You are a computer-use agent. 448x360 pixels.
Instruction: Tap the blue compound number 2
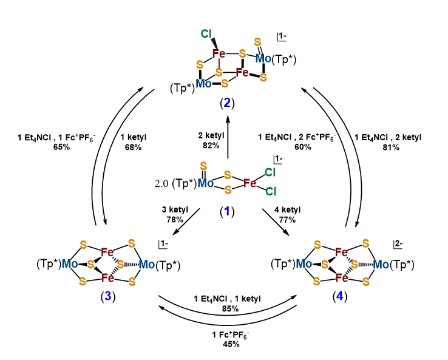tap(226, 102)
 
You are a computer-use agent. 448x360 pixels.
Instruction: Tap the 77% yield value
tap(281, 219)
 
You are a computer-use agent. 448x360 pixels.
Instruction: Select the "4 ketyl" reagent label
tap(281, 210)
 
